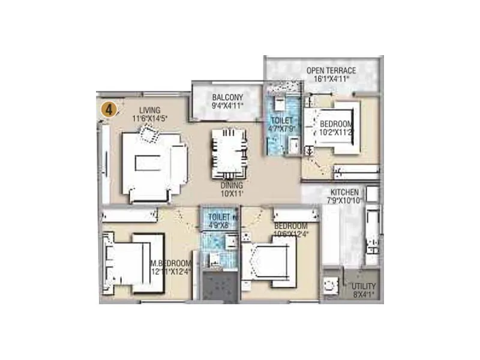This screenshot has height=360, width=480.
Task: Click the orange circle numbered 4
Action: pos(108,109)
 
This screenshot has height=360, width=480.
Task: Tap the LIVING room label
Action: pos(149,110)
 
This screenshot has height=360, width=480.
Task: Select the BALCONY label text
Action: pos(227,97)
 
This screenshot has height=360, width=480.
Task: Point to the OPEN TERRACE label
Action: pos(331,70)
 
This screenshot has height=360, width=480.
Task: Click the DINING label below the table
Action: pos(228,186)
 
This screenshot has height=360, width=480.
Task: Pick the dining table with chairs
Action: pos(228,153)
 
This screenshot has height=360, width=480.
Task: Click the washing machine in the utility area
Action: pos(331,287)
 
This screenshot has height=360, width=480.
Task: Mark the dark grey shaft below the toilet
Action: pos(218,287)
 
